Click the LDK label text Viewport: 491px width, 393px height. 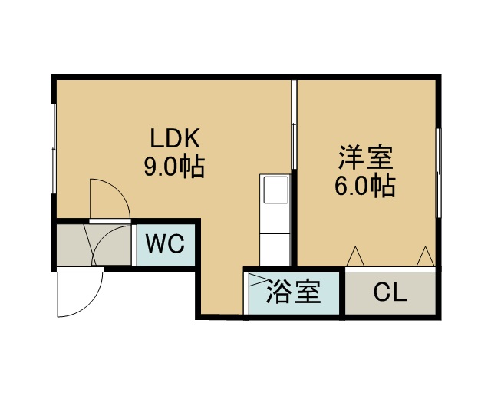[174, 139]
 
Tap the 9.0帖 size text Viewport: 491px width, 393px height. [174, 167]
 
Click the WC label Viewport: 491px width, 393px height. [165, 245]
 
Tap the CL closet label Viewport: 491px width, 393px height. [390, 292]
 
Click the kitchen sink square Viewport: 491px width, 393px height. [274, 190]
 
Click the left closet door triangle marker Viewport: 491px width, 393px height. [355, 256]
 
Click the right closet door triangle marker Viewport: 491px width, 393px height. [424, 256]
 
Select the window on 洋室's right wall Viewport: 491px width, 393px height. [439, 173]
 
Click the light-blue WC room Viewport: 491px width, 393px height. [166, 245]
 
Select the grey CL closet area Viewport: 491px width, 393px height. [390, 292]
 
